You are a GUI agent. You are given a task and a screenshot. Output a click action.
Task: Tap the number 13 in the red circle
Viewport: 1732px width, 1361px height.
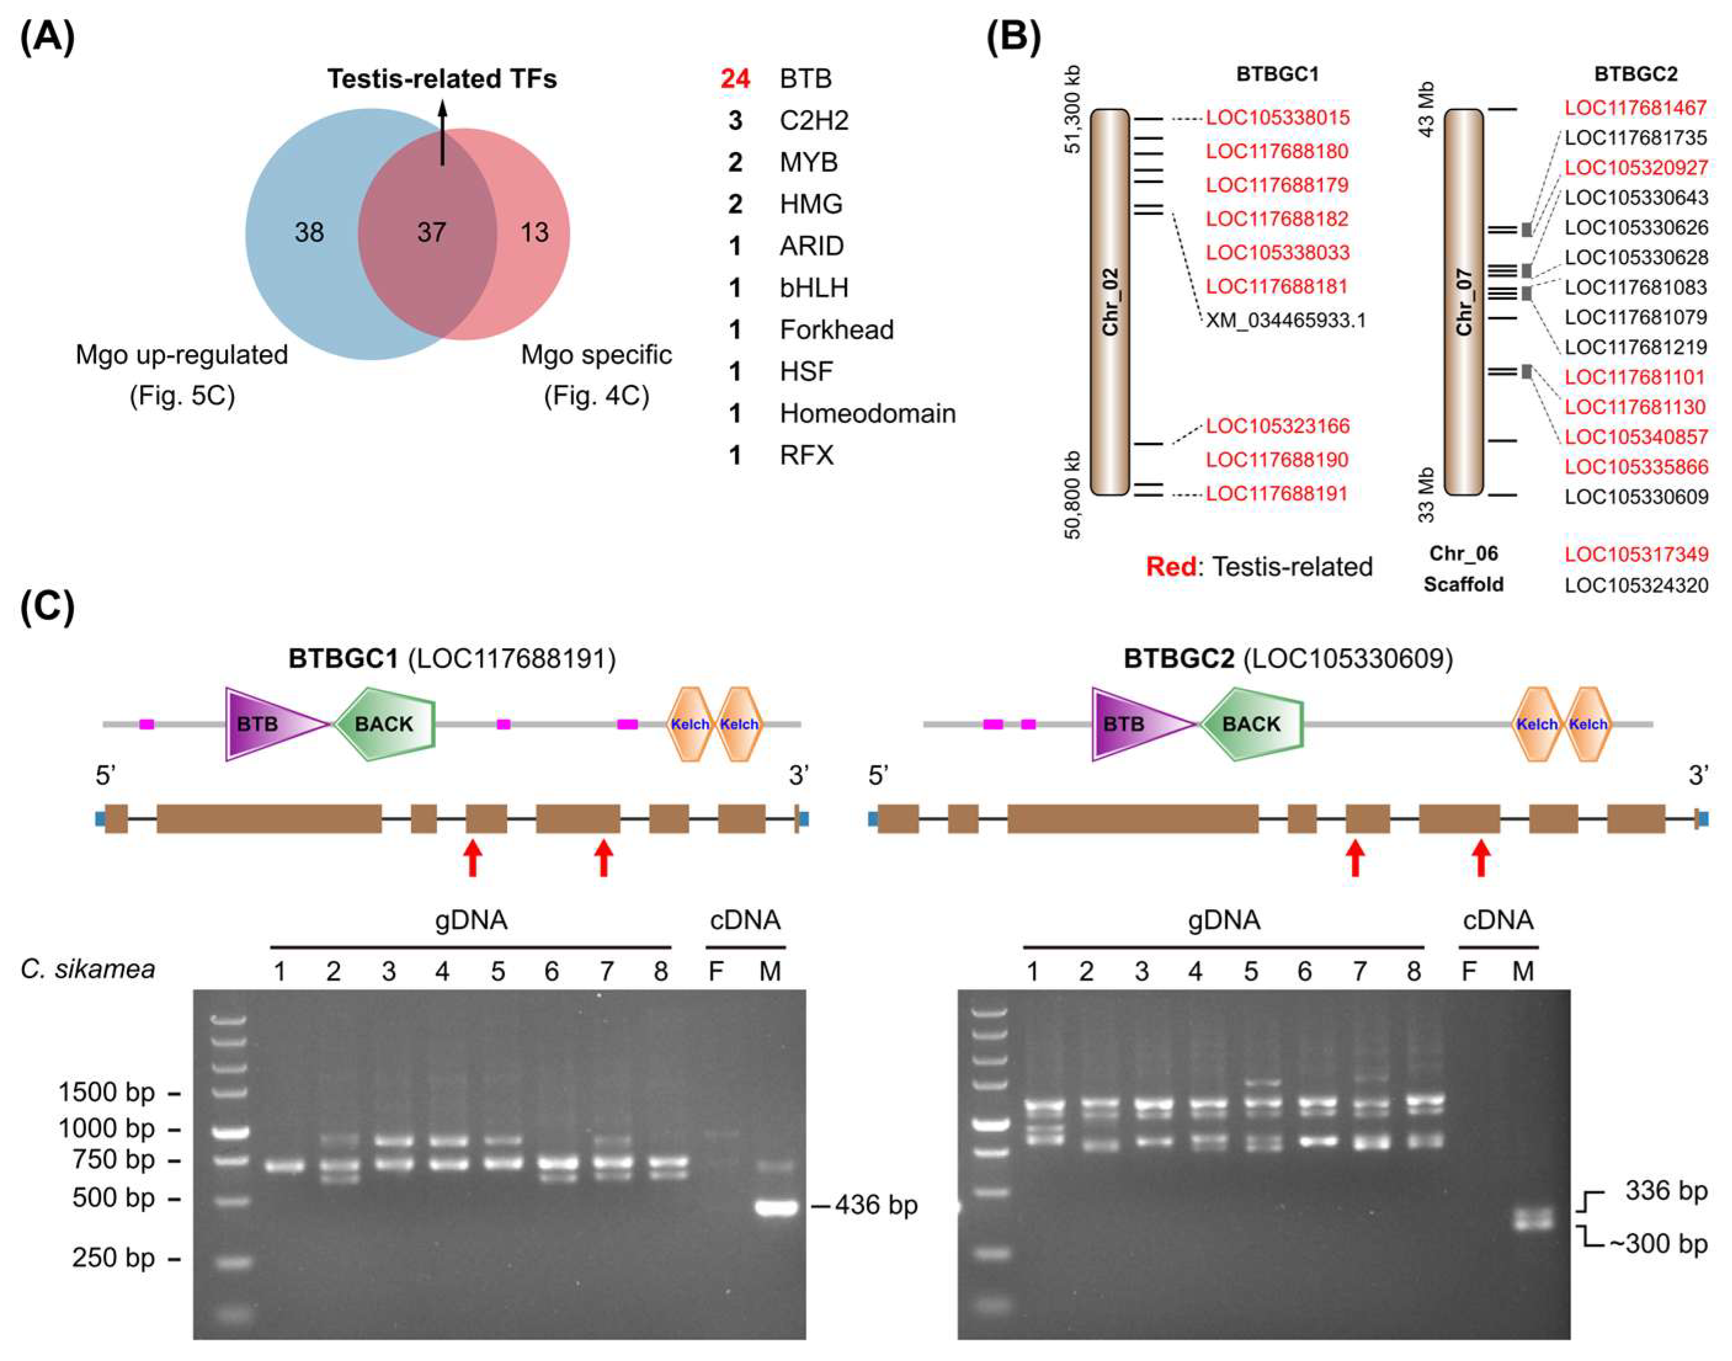coord(535,232)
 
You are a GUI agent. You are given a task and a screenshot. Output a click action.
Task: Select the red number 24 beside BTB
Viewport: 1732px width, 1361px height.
coord(734,79)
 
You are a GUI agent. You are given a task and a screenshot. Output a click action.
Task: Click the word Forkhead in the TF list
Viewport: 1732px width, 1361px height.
coord(836,329)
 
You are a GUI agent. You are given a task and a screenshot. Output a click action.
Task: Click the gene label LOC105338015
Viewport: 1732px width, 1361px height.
coord(1277,118)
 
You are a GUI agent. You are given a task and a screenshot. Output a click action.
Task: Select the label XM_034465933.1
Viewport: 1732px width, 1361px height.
coord(1285,320)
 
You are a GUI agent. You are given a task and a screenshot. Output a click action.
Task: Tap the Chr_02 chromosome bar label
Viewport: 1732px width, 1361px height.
coord(1110,302)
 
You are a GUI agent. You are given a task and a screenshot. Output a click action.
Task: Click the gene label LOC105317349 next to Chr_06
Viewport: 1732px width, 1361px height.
coord(1635,554)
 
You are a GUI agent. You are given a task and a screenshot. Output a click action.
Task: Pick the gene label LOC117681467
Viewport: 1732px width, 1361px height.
coord(1635,108)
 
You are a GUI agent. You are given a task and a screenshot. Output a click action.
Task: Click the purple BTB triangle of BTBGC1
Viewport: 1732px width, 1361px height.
coord(267,723)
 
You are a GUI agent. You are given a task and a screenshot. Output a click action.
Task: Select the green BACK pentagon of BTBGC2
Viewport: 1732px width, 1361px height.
coord(1251,723)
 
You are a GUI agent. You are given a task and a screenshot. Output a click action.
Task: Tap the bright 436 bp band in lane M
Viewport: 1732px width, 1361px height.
coord(775,1208)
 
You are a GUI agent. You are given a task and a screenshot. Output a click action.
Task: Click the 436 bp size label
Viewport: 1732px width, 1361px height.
coord(876,1205)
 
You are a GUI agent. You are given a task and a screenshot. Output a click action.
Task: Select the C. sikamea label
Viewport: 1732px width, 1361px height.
coord(87,969)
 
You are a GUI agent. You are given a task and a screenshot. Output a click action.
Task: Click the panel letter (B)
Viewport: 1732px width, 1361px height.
coord(1013,38)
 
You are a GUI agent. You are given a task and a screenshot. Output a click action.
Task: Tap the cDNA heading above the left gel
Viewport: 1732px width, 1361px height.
coord(744,920)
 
